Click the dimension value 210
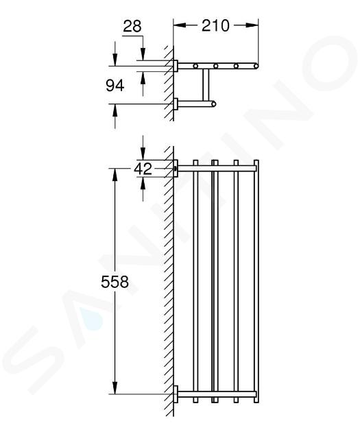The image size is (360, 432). click(215, 25)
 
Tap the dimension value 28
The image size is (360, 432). click(132, 27)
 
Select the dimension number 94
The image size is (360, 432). click(115, 85)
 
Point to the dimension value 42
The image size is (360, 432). click(143, 169)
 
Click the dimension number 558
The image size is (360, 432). click(115, 282)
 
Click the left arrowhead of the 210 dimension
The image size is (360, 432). click(180, 25)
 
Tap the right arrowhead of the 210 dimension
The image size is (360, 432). click(252, 25)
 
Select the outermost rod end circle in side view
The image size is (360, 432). click(256, 66)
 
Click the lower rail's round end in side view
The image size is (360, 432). click(213, 104)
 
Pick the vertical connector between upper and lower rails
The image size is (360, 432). click(206, 85)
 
